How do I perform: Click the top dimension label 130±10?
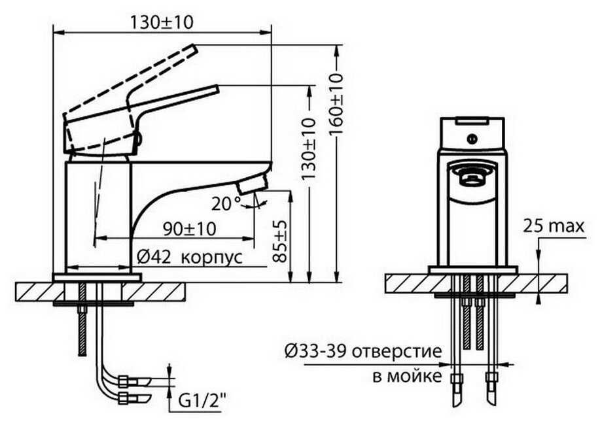(161, 22)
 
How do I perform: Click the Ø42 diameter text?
(155, 257)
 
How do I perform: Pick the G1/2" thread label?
(201, 399)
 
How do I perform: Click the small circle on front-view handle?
(472, 139)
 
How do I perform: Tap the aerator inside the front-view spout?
(472, 176)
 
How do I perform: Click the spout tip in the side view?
(252, 186)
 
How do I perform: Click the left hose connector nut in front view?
(456, 378)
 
